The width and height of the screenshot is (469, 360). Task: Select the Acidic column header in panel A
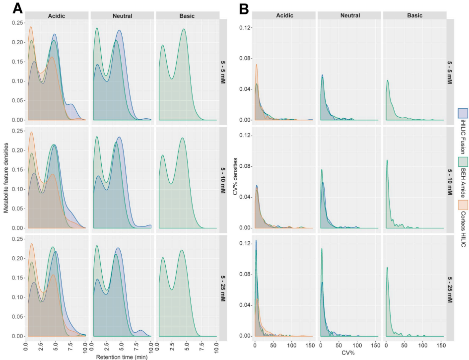[x=57, y=15]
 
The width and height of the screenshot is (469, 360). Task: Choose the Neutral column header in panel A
[x=122, y=15]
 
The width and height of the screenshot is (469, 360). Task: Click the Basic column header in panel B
[x=414, y=15]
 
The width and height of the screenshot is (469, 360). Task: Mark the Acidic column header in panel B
[x=284, y=15]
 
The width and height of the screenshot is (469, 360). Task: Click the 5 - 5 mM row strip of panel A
[x=224, y=72]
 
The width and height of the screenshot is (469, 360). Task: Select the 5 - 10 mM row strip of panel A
[x=224, y=180]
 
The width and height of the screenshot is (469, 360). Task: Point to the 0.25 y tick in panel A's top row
[x=17, y=23]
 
